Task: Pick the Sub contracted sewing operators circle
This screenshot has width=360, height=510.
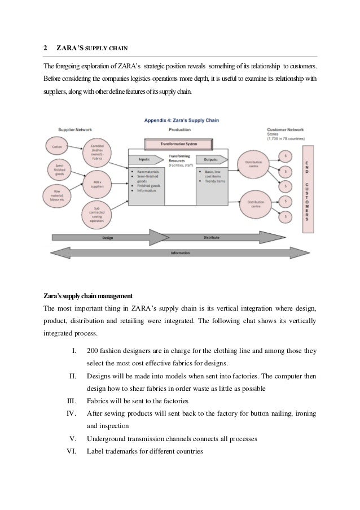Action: pyautogui.click(x=95, y=214)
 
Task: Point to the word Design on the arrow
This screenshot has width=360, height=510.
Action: pyautogui.click(x=108, y=238)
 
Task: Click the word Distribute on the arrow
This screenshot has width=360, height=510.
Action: pyautogui.click(x=212, y=238)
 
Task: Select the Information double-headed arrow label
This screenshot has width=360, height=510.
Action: pyautogui.click(x=181, y=252)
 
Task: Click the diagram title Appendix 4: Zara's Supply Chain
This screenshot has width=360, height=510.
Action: pyautogui.click(x=181, y=120)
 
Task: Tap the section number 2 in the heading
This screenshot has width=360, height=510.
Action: pyautogui.click(x=46, y=48)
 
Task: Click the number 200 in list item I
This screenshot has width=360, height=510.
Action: pyautogui.click(x=94, y=351)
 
